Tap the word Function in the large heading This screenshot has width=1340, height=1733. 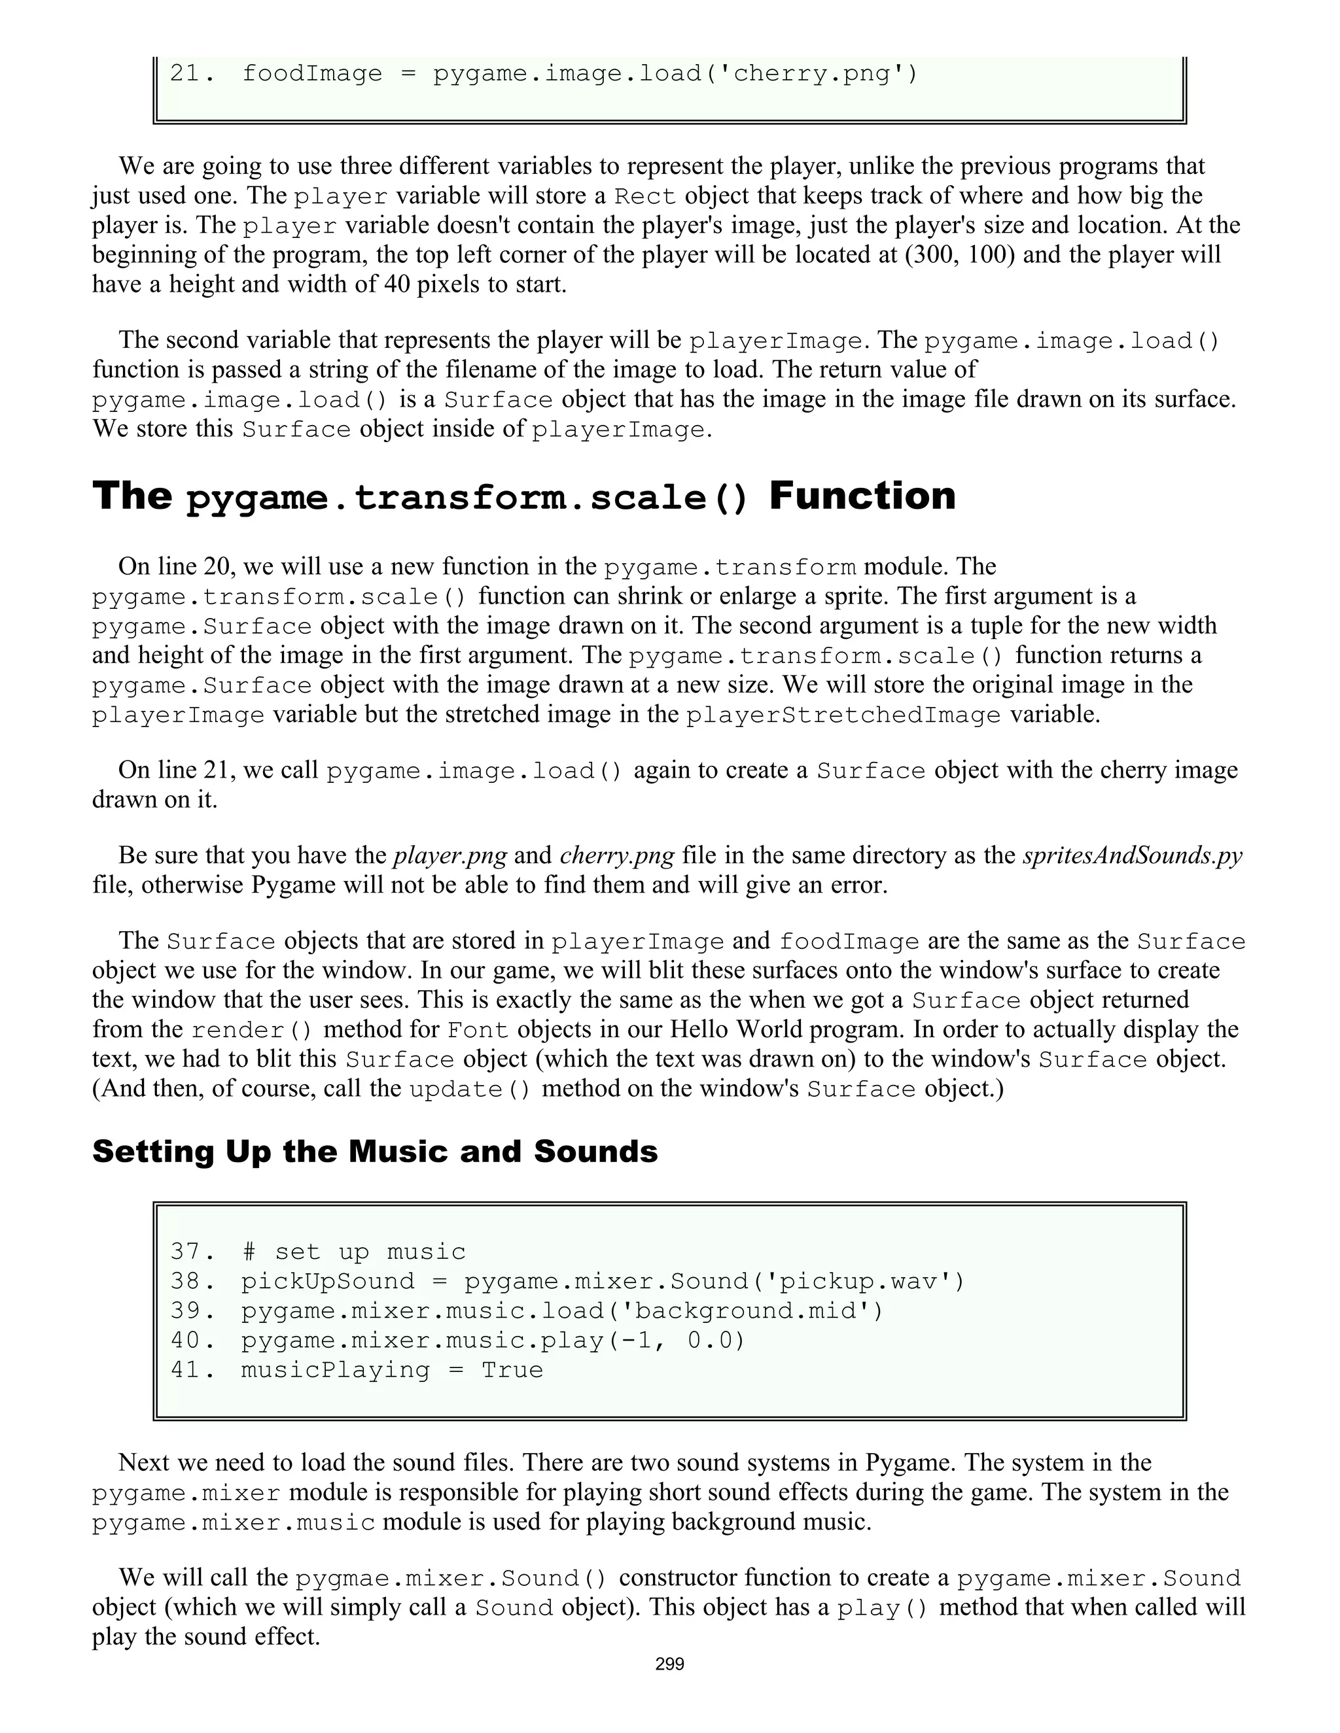click(x=862, y=496)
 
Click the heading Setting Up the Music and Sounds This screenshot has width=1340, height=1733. click(x=375, y=1152)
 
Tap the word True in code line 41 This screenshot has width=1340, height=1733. click(x=512, y=1370)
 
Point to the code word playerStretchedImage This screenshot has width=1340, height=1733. click(x=843, y=715)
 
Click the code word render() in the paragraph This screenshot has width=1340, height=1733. click(x=252, y=1030)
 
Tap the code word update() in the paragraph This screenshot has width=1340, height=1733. click(x=470, y=1089)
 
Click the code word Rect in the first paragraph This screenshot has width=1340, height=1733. click(x=645, y=196)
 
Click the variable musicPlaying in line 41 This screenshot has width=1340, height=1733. click(x=335, y=1370)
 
